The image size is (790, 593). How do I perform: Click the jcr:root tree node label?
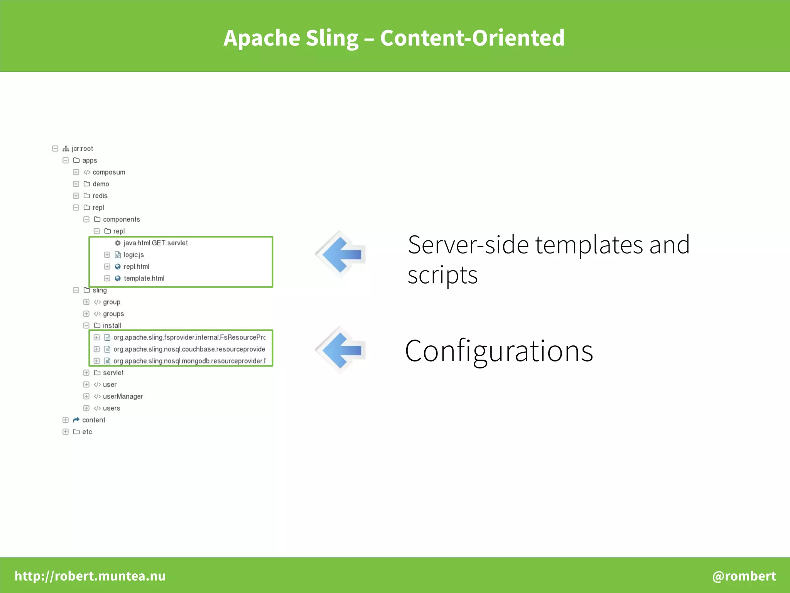(x=82, y=149)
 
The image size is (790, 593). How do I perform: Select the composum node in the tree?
(x=109, y=172)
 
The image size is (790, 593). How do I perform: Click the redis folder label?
(x=100, y=196)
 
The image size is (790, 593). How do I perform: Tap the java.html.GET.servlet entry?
(x=155, y=243)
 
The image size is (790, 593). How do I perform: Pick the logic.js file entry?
(x=133, y=255)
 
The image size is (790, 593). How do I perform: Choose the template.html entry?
(x=144, y=278)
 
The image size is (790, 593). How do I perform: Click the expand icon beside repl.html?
(x=107, y=267)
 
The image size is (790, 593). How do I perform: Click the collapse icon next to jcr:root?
(x=55, y=149)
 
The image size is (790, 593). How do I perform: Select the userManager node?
(x=123, y=396)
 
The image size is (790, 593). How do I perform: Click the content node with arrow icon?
(x=93, y=420)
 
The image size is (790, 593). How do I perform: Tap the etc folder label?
(x=87, y=432)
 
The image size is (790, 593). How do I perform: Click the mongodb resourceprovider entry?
(x=189, y=361)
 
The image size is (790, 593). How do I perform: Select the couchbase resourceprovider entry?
(x=189, y=349)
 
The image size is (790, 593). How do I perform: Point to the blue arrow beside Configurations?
(x=341, y=350)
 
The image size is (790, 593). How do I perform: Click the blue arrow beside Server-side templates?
(x=341, y=254)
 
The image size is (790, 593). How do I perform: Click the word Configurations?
(x=499, y=351)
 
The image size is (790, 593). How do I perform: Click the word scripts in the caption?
(x=442, y=275)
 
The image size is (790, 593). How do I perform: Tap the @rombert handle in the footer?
(x=744, y=576)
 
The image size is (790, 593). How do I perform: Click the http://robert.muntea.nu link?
(x=90, y=576)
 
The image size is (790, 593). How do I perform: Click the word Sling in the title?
(x=332, y=38)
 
